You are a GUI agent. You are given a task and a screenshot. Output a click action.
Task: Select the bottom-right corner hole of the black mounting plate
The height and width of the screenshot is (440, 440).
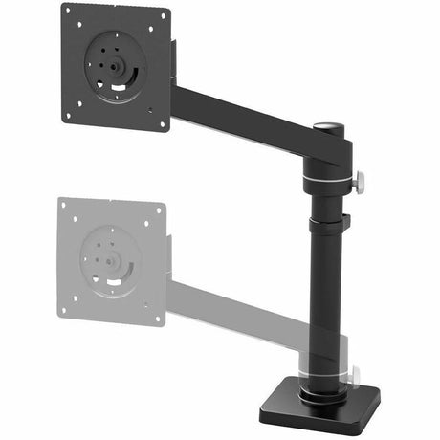(162, 121)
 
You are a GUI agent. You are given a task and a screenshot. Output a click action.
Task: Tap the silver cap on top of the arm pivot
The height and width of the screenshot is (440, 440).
(327, 126)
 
